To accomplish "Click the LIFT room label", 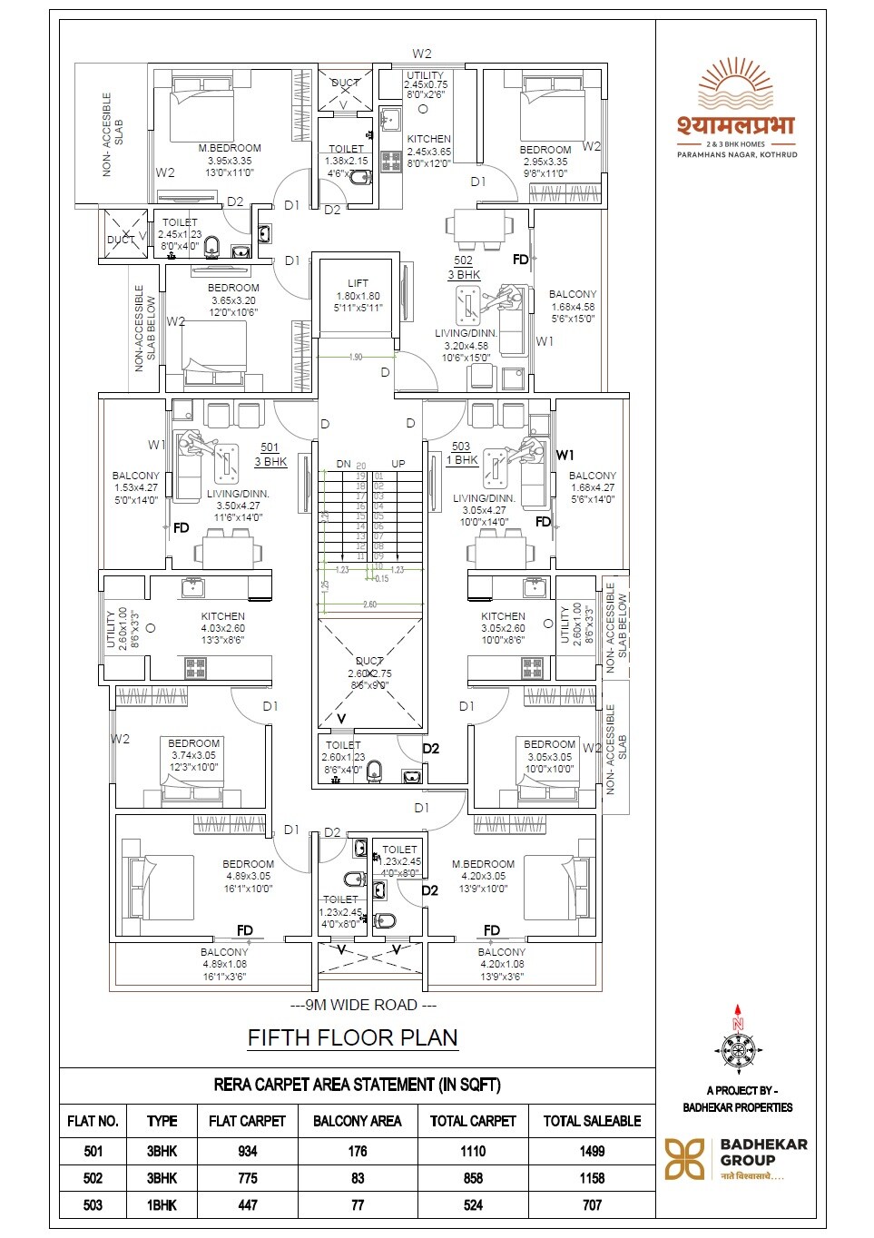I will (x=358, y=283).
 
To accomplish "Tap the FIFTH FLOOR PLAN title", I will (x=352, y=1037).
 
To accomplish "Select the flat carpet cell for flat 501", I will (x=247, y=1151).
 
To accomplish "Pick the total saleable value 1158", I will (x=592, y=1178).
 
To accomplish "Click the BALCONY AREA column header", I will (x=357, y=1121).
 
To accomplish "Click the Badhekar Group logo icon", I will (x=684, y=1159).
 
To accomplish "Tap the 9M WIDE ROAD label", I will (x=363, y=1005).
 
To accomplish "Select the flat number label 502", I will (x=463, y=260).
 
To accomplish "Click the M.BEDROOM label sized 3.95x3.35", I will (x=230, y=148).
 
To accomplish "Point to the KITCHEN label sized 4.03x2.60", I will (x=223, y=616).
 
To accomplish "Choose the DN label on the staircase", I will (x=343, y=464).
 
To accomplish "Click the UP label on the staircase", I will (x=398, y=464).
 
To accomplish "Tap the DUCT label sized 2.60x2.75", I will (x=369, y=662).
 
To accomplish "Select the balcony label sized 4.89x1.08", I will (x=224, y=952).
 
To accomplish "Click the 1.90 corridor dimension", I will (x=356, y=357).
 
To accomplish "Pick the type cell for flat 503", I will (x=162, y=1205).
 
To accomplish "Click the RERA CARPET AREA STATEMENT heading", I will (x=357, y=1085).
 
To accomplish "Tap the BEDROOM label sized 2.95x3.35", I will (x=545, y=150).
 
